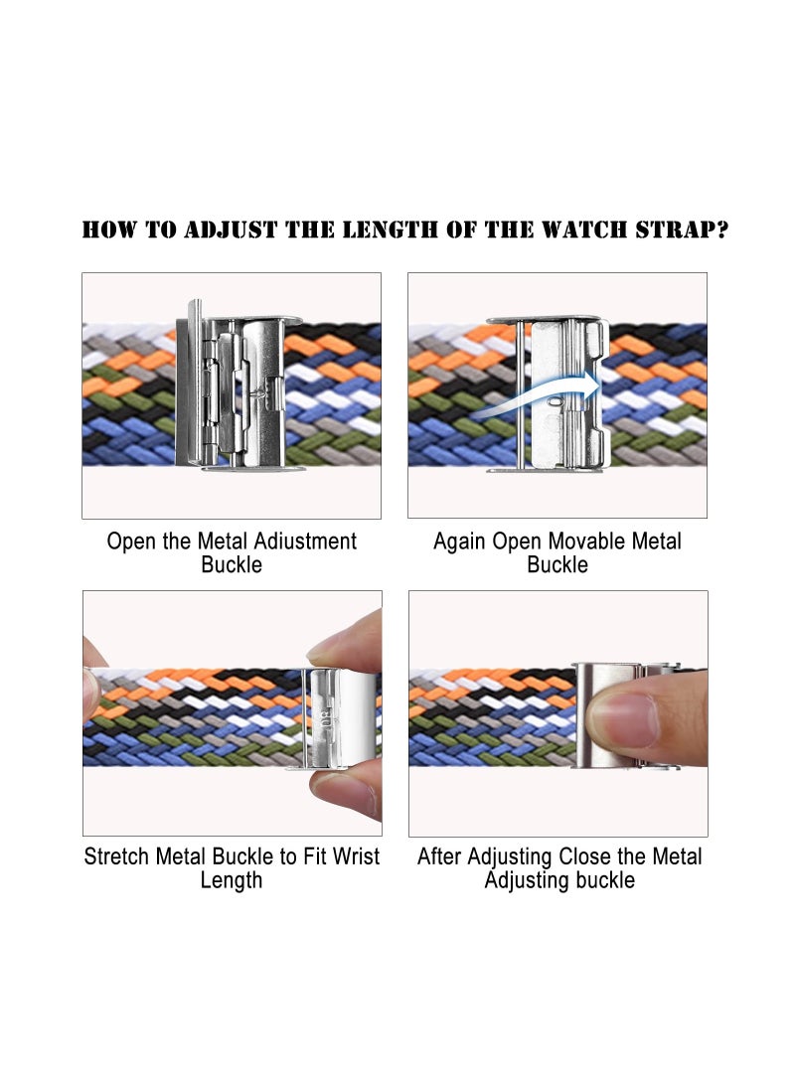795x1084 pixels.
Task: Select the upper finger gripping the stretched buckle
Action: point(350,641)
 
